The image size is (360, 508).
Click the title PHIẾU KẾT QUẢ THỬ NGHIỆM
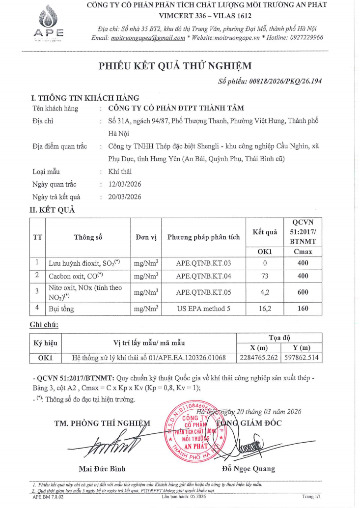(175, 66)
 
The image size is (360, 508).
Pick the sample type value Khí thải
(120, 171)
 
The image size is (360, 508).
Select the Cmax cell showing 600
(303, 292)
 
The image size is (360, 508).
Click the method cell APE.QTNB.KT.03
(203, 263)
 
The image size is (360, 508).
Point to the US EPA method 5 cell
(203, 309)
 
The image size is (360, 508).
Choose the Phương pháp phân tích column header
(203, 237)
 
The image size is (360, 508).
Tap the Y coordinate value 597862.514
(302, 358)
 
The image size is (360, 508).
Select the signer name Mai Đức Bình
(102, 468)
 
